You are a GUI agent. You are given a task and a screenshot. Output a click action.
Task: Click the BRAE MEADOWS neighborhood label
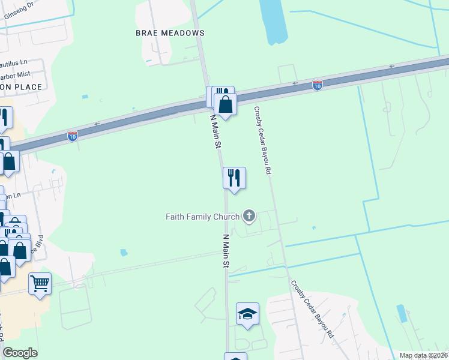(x=161, y=33)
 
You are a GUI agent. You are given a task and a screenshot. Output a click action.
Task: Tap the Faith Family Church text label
(x=202, y=217)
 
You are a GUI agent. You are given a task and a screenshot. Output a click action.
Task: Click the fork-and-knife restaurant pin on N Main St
(x=234, y=178)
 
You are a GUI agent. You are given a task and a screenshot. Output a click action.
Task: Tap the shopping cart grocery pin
(x=40, y=283)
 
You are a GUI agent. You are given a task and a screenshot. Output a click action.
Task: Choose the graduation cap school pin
(x=247, y=314)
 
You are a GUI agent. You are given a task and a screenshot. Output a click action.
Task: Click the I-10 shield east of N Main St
(x=317, y=85)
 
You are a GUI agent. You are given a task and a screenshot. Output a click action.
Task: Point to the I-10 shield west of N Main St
(x=72, y=136)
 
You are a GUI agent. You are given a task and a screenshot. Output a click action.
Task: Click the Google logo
(x=20, y=353)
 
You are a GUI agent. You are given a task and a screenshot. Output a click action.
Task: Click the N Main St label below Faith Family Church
(x=226, y=250)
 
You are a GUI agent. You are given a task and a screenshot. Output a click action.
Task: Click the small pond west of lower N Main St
(x=124, y=253)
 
